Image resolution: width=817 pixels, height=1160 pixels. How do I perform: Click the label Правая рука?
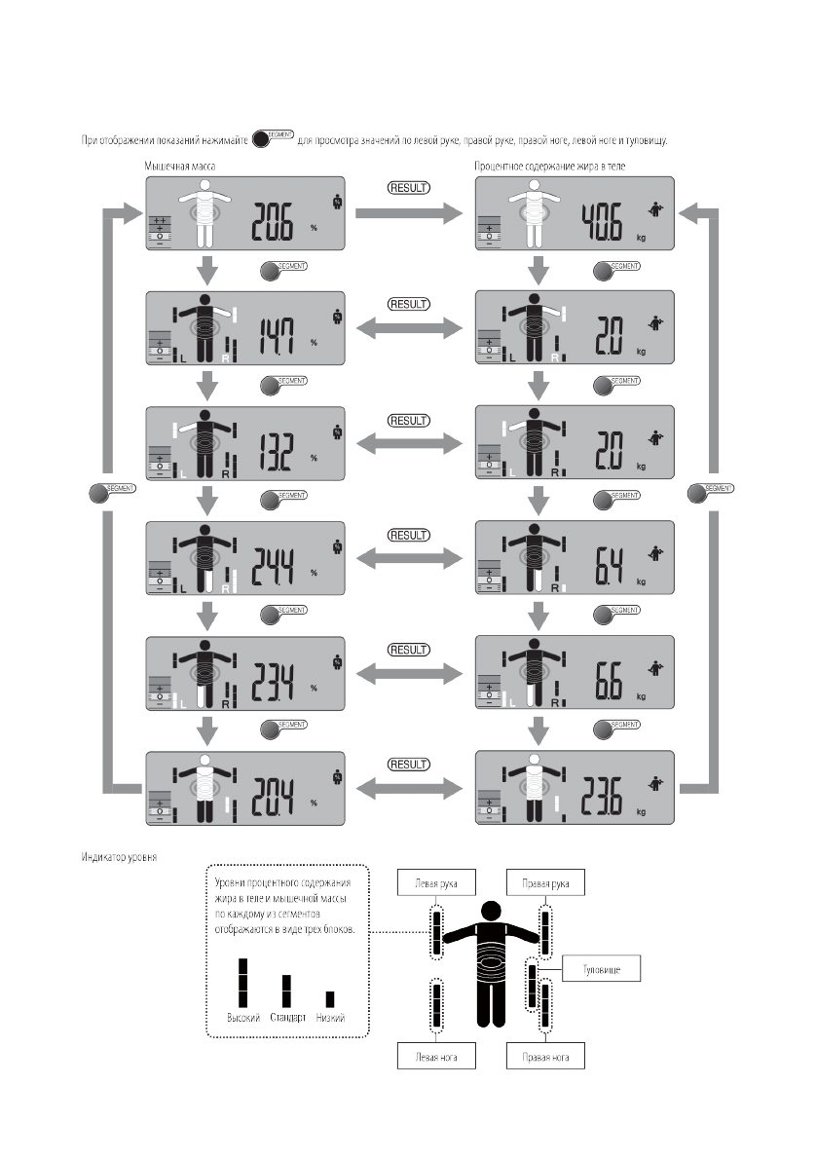(x=545, y=884)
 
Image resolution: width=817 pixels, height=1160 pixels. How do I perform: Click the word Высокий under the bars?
(x=242, y=1018)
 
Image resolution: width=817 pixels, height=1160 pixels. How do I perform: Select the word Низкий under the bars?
(x=330, y=1018)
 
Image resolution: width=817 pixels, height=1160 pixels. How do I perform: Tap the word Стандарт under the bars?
(x=286, y=1018)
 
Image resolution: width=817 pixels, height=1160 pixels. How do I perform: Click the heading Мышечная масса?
(x=181, y=168)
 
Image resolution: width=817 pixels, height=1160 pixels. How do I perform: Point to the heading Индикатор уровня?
(x=122, y=858)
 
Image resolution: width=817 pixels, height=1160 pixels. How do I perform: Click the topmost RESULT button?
(x=409, y=188)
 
